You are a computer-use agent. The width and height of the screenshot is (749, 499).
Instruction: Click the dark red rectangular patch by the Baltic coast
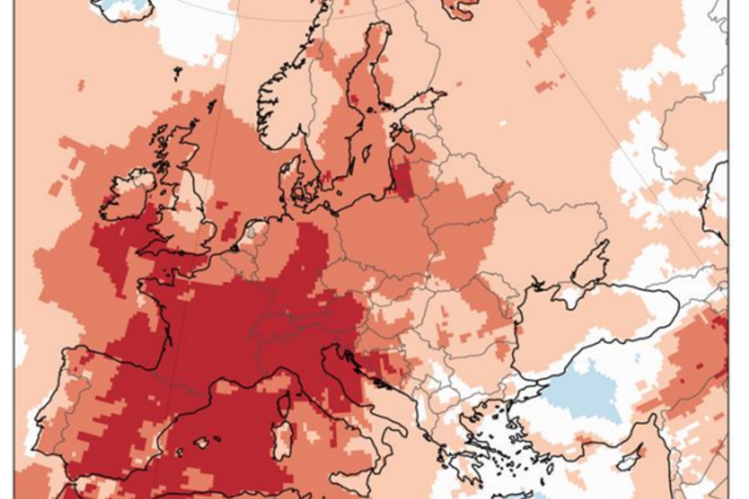pos(404,180)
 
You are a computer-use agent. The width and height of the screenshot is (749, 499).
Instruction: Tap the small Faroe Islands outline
pos(177,75)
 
